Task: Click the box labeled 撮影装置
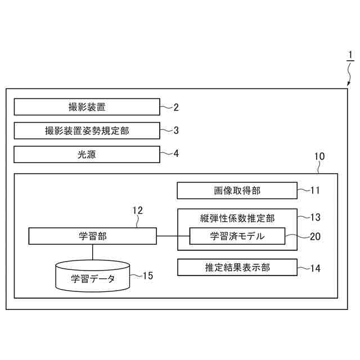[x=87, y=106]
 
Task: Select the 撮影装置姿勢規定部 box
[x=87, y=130]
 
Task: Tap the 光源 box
[x=87, y=154]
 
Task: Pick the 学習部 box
[x=93, y=236]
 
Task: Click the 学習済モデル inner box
[x=237, y=236]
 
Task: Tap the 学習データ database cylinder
[x=93, y=277]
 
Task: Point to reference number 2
[x=176, y=106]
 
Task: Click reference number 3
[x=176, y=130]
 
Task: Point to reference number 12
[x=137, y=210]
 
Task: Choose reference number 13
[x=315, y=217]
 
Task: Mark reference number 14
[x=315, y=268]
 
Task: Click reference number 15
[x=147, y=276]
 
